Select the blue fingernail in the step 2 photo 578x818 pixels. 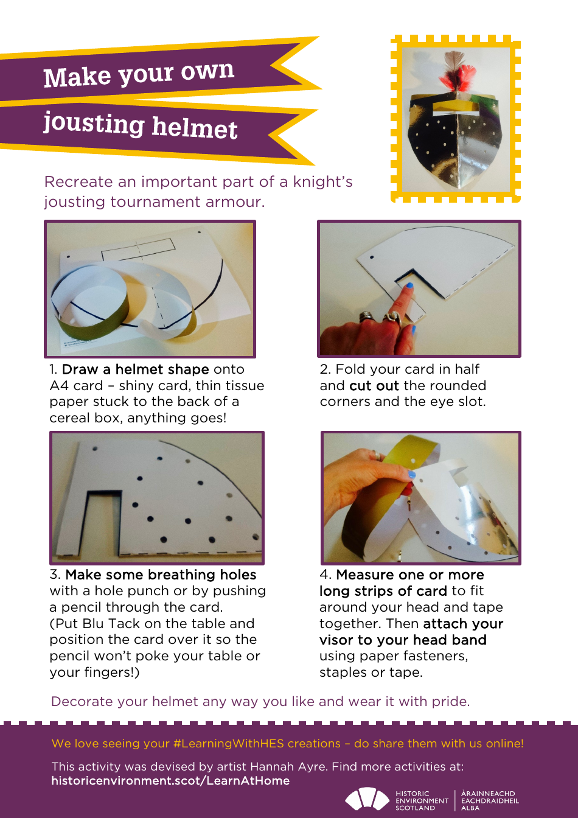[409, 285]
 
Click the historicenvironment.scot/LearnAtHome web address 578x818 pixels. [170, 781]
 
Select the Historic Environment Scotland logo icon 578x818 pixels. [367, 799]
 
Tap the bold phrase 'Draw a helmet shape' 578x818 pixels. [135, 369]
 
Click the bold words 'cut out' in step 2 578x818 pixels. [374, 386]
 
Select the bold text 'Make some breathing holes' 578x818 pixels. [161, 575]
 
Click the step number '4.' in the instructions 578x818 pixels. [326, 575]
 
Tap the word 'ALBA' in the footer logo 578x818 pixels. [470, 808]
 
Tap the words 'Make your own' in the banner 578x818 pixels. [139, 75]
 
